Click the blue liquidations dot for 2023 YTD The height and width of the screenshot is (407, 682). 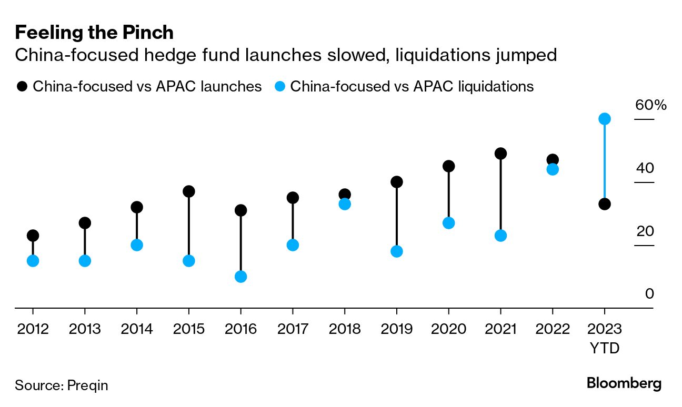(x=605, y=119)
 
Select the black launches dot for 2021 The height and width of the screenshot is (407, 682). (x=500, y=154)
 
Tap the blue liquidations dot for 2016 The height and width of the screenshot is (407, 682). (x=240, y=277)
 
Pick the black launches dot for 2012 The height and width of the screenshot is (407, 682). (x=33, y=236)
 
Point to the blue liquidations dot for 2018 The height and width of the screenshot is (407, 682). (x=345, y=204)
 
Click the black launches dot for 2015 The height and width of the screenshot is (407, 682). (x=188, y=191)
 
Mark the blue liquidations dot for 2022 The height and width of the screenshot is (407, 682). (x=553, y=169)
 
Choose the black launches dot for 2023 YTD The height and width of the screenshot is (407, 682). (x=605, y=204)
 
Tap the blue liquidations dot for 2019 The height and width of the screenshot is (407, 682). (x=397, y=251)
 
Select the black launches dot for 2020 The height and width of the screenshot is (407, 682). (x=448, y=166)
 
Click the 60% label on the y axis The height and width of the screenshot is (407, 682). (x=650, y=105)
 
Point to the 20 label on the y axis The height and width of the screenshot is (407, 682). (x=645, y=231)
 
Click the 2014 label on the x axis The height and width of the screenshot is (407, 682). (x=137, y=329)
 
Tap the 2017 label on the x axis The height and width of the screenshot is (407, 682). (x=293, y=329)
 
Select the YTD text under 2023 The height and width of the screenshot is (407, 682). (x=605, y=349)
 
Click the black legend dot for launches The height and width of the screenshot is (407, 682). (x=22, y=86)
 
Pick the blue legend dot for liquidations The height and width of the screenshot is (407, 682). (x=280, y=86)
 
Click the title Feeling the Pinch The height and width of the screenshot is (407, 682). (x=94, y=33)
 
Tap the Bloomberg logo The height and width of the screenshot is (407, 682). (x=624, y=383)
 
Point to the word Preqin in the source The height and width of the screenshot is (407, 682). (x=87, y=385)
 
